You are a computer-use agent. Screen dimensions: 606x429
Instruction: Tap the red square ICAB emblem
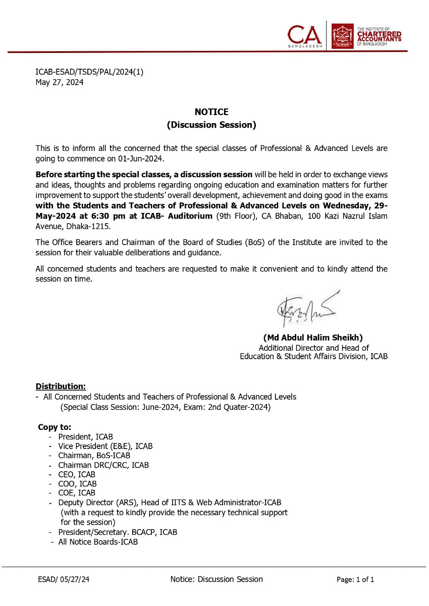pos(342,36)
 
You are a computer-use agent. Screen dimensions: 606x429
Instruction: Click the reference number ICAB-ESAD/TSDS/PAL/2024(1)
pos(89,72)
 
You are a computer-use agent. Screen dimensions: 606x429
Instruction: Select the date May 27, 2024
pos(60,82)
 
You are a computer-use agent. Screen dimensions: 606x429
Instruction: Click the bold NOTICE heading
pos(211,112)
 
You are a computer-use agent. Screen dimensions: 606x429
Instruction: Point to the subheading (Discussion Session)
pos(211,125)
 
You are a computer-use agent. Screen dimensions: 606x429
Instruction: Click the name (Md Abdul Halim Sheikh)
pos(313,338)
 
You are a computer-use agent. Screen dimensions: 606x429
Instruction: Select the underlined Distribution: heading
pos(61,387)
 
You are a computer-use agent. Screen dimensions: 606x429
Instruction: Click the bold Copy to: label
pos(55,427)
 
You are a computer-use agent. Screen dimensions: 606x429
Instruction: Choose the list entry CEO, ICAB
pos(77,474)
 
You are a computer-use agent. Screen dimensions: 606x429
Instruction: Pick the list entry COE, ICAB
pos(77,493)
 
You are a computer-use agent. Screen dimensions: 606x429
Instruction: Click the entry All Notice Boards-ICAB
pos(98,542)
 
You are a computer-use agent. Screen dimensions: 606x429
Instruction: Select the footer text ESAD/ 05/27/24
pos(64,580)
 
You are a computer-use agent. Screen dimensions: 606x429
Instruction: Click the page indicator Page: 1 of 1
pos(355,580)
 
